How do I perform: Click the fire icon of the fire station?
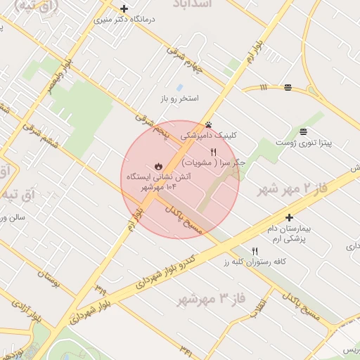[158, 166]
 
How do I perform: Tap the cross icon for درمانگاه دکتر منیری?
[124, 9]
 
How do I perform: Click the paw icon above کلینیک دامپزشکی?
[208, 124]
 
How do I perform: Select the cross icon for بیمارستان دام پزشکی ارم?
[289, 218]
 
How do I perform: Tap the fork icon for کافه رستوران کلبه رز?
[255, 251]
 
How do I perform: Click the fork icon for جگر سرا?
[213, 151]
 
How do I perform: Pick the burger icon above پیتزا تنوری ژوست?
[303, 131]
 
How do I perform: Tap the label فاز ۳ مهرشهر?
[211, 298]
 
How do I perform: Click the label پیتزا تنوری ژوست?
[323, 143]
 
